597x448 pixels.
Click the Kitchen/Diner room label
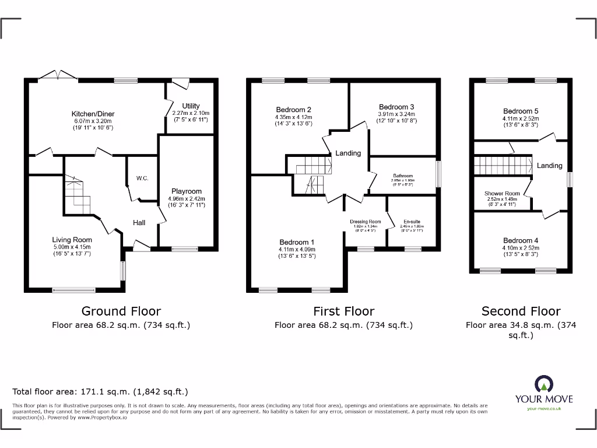(93, 114)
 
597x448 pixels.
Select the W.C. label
(142, 178)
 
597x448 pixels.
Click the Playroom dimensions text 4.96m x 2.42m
(186, 198)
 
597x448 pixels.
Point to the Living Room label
(72, 240)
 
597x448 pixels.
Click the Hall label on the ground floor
(139, 222)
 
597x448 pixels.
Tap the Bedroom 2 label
(293, 110)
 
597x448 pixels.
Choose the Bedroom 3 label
(396, 107)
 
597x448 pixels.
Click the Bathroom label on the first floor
(402, 176)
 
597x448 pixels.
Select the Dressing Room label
(366, 222)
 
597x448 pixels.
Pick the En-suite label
(412, 222)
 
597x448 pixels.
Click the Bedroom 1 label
(297, 242)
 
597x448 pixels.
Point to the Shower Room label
(502, 194)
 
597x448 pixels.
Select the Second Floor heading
(521, 311)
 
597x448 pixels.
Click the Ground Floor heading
(121, 311)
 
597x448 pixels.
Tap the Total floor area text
(100, 392)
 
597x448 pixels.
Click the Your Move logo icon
(543, 384)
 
